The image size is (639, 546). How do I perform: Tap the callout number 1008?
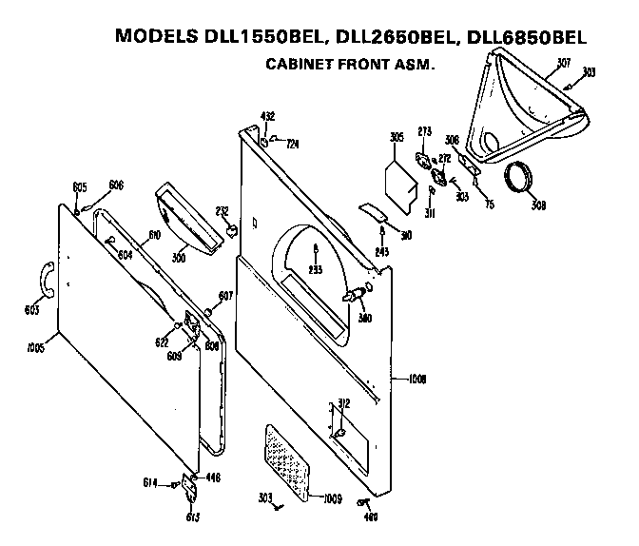(x=416, y=378)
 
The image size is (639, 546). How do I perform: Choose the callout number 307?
(x=564, y=63)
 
